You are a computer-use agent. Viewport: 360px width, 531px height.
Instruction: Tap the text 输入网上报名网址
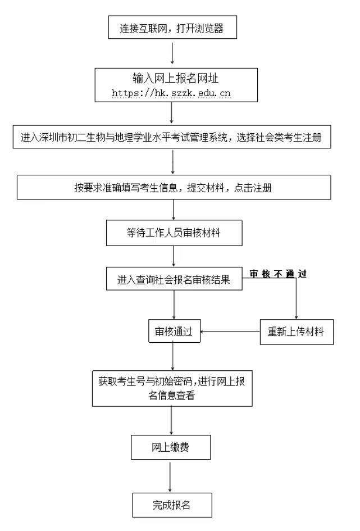pyautogui.click(x=172, y=77)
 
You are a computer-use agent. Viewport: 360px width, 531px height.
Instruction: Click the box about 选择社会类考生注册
pyautogui.click(x=172, y=138)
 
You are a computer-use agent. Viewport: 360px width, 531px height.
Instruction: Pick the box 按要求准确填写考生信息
pyautogui.click(x=172, y=188)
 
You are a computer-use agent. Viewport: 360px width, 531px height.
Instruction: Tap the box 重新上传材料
pyautogui.click(x=296, y=332)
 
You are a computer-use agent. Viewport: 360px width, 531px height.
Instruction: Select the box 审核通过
pyautogui.click(x=174, y=332)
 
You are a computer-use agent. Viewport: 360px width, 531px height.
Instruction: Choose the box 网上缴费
pyautogui.click(x=172, y=447)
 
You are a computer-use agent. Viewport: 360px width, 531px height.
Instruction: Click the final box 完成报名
pyautogui.click(x=172, y=504)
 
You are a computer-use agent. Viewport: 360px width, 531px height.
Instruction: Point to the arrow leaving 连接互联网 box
pyautogui.click(x=172, y=54)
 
